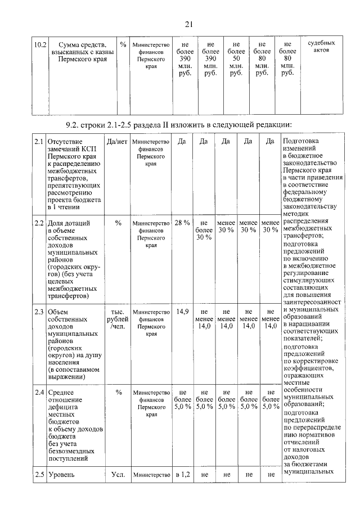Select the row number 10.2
pos(39,44)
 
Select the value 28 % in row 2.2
pos(182,223)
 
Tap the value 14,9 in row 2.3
pos(182,310)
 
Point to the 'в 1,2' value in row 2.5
pos(182,475)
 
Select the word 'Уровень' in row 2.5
pos(62,475)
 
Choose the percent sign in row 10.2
pos(123,44)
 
